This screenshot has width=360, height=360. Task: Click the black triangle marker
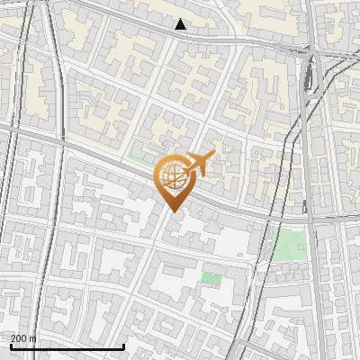181,24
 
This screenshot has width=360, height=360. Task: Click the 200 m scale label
23,338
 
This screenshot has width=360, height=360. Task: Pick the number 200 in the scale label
19,338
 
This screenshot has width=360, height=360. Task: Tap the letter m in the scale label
33,339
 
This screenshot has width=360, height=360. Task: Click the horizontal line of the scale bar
67,347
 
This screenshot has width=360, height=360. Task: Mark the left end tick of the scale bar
11,346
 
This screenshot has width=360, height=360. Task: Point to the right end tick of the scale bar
123,346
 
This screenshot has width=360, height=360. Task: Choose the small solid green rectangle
211,278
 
